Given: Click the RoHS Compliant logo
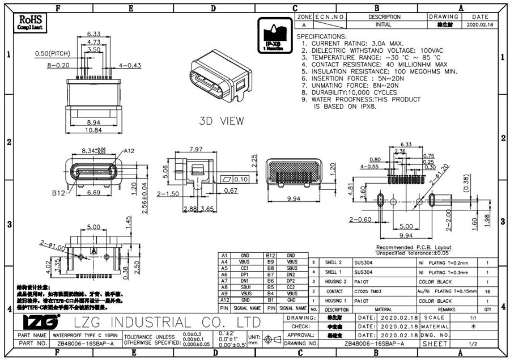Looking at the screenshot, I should [x=30, y=22].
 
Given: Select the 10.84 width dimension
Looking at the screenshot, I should [x=93, y=131].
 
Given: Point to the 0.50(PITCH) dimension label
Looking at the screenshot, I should [x=52, y=53].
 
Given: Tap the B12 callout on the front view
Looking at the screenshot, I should [x=59, y=193].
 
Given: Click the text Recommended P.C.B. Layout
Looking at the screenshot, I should [x=414, y=248].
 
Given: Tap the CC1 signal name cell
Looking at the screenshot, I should [x=244, y=268].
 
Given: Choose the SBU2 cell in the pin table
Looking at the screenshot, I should [x=292, y=268].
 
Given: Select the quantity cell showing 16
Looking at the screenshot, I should [x=488, y=291].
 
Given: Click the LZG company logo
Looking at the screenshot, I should [x=40, y=323].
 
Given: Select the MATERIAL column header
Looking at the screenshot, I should [x=383, y=310].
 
